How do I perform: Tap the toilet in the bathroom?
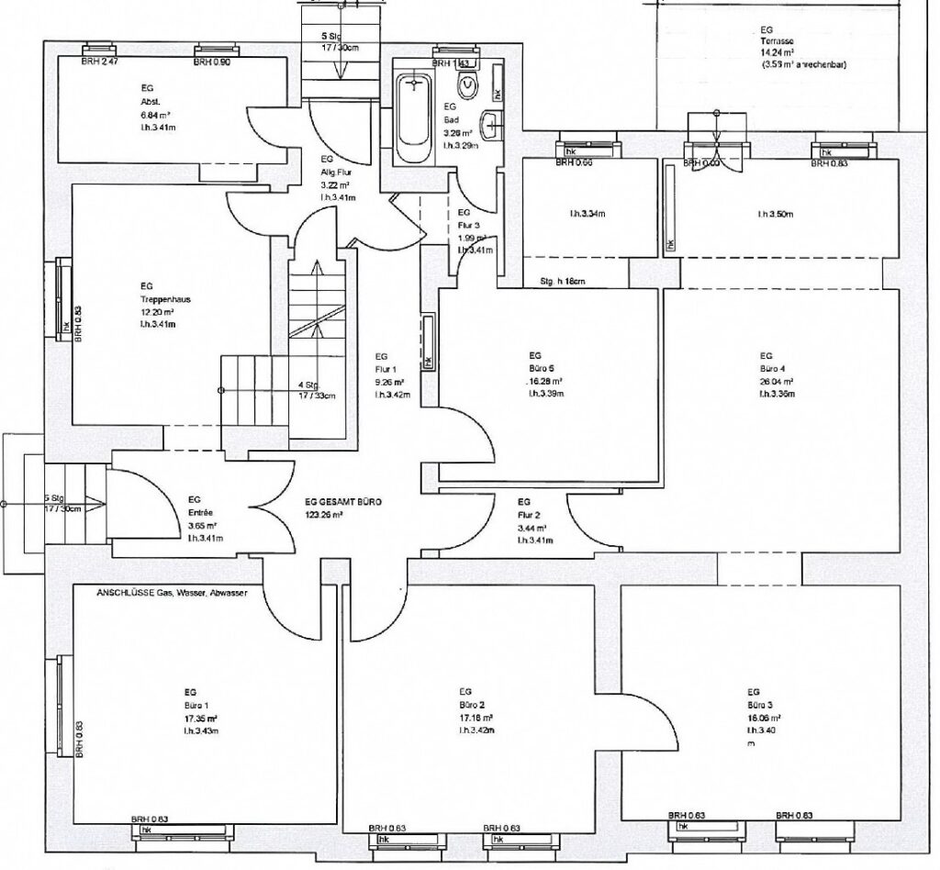(469, 84)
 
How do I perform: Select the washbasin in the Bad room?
(494, 124)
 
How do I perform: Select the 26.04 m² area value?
(776, 381)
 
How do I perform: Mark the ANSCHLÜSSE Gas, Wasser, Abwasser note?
(166, 594)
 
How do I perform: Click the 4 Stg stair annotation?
(308, 385)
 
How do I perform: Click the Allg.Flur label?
(330, 172)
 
